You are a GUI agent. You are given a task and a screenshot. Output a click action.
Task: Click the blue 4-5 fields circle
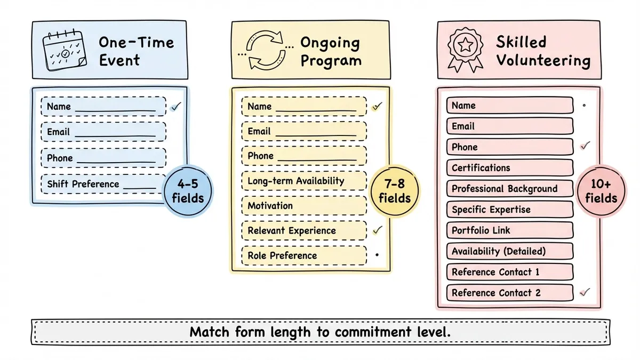click(188, 191)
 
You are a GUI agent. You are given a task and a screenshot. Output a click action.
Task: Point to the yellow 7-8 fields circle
click(395, 191)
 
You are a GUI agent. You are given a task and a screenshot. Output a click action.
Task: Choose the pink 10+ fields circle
click(601, 191)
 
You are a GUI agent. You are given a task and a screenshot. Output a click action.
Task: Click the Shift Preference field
click(103, 184)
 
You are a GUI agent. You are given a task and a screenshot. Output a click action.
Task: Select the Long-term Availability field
click(304, 181)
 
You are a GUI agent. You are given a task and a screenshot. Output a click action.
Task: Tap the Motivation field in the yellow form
click(304, 206)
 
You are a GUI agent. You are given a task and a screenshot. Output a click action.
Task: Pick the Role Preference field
click(304, 255)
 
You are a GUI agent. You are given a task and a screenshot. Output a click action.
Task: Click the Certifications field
click(509, 167)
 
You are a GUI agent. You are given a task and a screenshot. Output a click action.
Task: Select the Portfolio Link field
click(509, 230)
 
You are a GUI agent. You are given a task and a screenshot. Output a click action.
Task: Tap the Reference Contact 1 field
click(509, 272)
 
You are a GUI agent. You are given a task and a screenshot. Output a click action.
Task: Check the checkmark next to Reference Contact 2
click(585, 292)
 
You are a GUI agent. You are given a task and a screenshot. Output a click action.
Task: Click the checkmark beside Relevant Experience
click(378, 230)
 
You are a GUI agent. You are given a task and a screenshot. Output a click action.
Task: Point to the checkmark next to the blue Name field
click(176, 106)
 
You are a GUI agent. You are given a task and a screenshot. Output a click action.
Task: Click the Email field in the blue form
click(103, 132)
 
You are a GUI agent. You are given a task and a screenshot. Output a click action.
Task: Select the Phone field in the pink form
click(509, 147)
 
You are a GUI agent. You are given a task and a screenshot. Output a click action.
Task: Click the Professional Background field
click(509, 188)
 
